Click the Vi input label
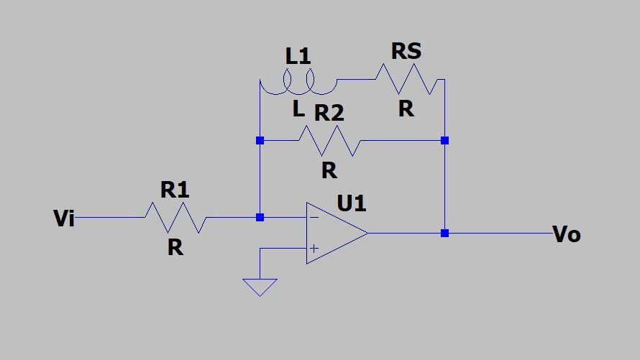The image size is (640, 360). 64,218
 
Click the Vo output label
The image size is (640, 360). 567,234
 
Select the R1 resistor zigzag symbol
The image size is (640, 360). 175,217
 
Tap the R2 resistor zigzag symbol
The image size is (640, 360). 329,141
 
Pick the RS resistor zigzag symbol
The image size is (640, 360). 406,79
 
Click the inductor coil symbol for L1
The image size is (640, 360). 298,82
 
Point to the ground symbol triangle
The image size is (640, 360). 260,287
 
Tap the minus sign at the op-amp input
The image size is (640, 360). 314,217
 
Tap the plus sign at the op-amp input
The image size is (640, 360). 314,249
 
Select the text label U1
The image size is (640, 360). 352,203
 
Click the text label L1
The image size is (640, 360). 298,56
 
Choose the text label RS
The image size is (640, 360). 406,52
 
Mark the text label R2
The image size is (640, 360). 329,113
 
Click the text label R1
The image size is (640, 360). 175,190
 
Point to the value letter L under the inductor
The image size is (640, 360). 298,110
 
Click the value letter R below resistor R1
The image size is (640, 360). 175,247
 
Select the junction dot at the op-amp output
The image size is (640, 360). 444,233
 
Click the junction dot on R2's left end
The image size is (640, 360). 260,141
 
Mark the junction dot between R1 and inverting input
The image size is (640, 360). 260,217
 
